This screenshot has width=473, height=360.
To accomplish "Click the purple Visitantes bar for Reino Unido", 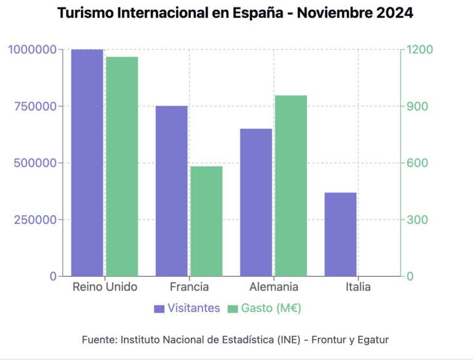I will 87,163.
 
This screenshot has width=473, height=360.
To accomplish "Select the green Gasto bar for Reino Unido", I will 121,166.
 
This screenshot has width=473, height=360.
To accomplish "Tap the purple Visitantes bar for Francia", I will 171,191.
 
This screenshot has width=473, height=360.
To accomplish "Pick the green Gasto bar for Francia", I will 206,221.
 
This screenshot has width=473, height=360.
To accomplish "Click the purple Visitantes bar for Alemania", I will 256,202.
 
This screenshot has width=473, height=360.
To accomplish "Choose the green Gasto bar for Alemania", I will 291,186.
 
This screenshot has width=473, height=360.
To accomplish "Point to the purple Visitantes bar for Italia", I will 341,234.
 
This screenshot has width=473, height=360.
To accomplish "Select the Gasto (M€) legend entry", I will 264,308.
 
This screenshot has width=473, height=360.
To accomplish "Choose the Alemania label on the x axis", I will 273,287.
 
